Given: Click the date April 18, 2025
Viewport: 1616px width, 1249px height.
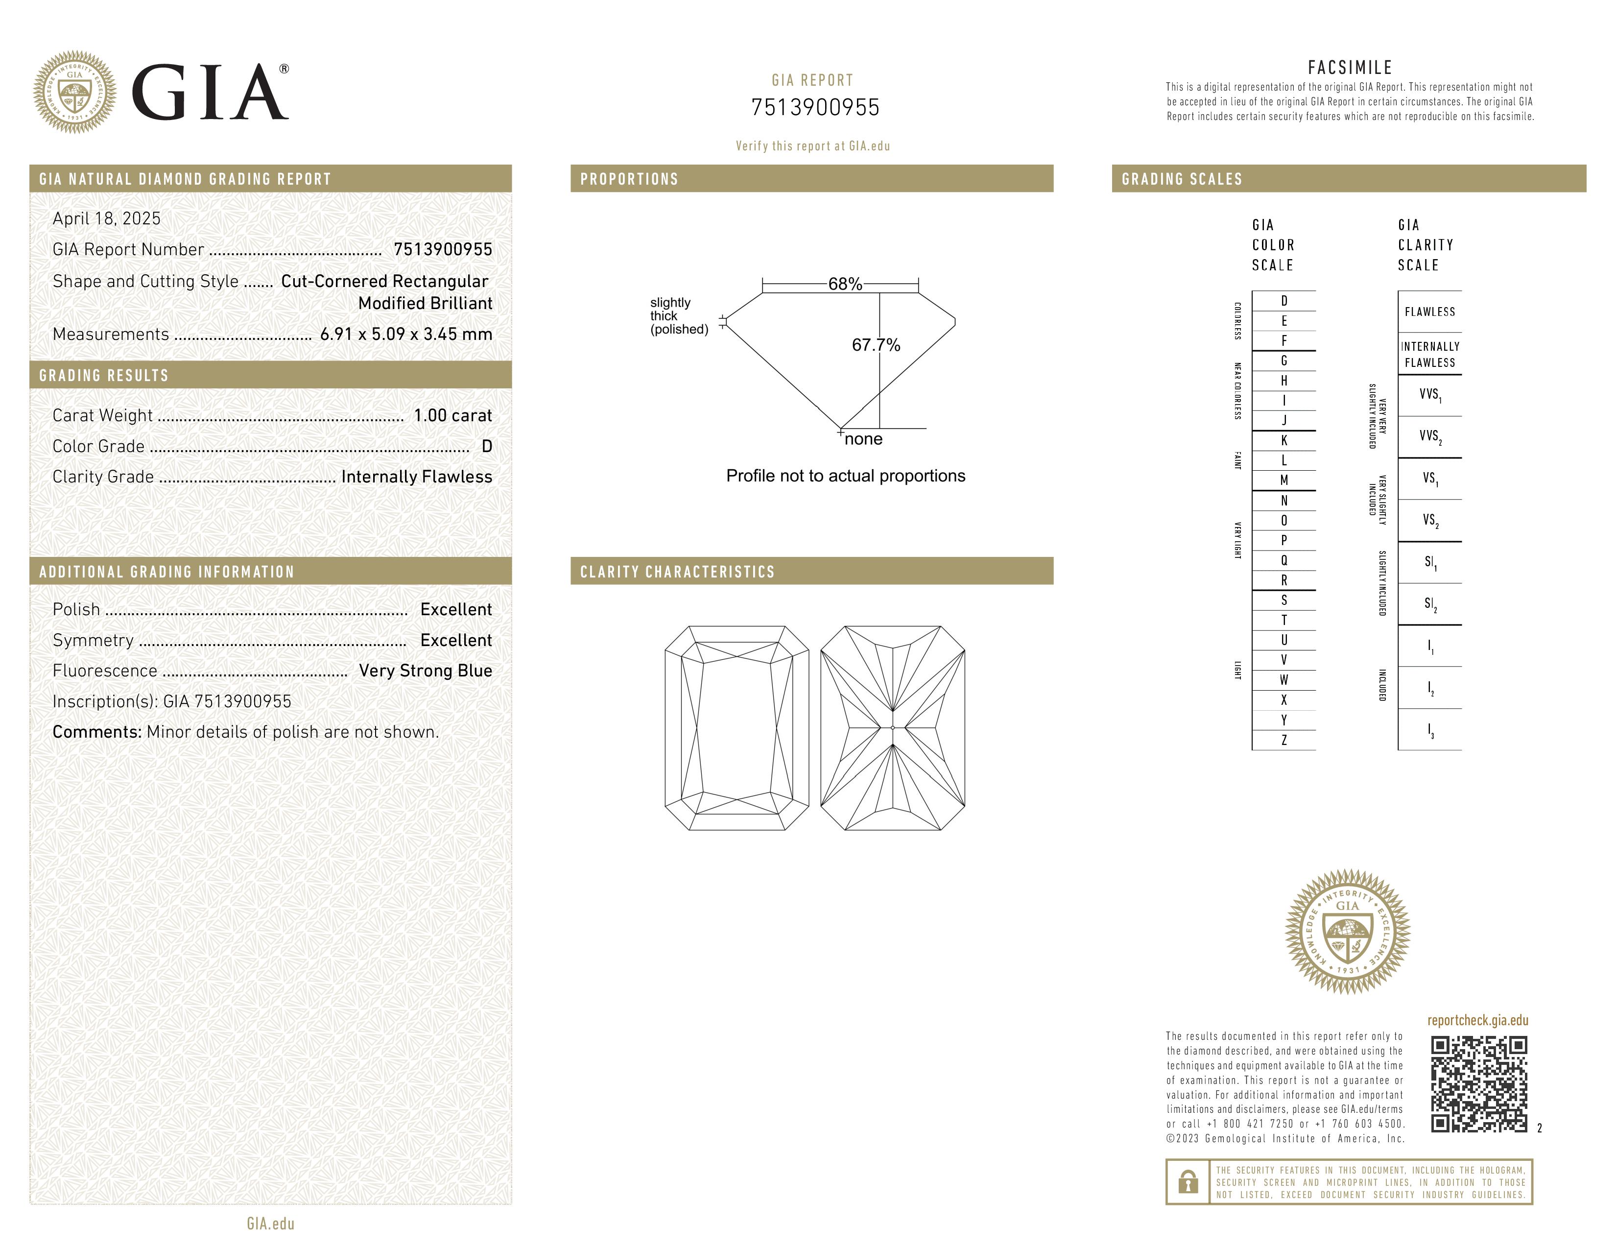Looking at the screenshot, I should point(107,218).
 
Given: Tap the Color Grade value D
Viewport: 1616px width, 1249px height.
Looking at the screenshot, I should point(486,446).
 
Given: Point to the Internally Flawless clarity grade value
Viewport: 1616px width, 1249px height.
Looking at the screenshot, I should point(417,477).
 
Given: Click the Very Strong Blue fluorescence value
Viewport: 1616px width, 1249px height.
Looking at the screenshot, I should point(426,671).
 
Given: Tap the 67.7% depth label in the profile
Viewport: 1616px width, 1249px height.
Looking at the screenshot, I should point(876,345).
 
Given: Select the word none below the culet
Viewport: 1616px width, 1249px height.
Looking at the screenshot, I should point(863,439).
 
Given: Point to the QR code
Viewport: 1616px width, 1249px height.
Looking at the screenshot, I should point(1478,1084).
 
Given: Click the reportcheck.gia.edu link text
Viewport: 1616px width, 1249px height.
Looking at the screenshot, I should point(1477,1020).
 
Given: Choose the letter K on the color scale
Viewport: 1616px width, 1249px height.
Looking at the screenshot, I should point(1284,440).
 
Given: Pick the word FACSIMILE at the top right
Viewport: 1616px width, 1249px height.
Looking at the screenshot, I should point(1350,67).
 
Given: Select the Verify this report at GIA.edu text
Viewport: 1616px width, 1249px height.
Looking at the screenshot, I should point(812,146).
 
